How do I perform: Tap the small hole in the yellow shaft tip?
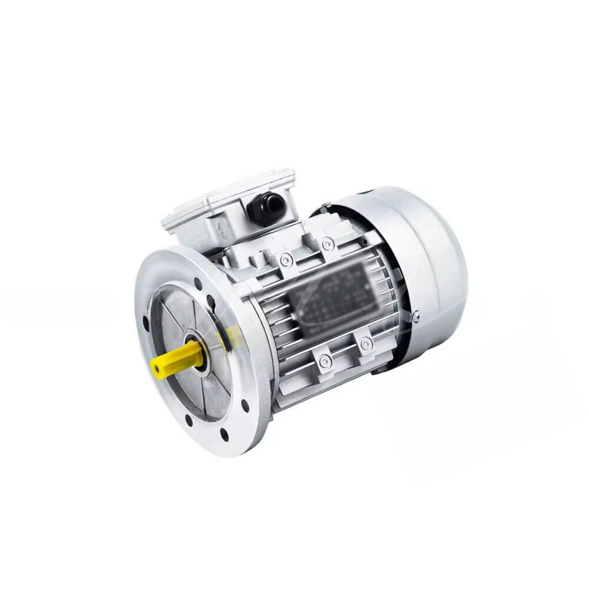(157, 369)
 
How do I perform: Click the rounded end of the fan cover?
(436, 265)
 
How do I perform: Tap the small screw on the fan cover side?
(416, 317)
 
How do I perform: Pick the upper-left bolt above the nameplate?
(285, 260)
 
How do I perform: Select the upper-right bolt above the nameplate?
(326, 242)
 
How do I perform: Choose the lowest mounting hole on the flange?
(225, 436)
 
